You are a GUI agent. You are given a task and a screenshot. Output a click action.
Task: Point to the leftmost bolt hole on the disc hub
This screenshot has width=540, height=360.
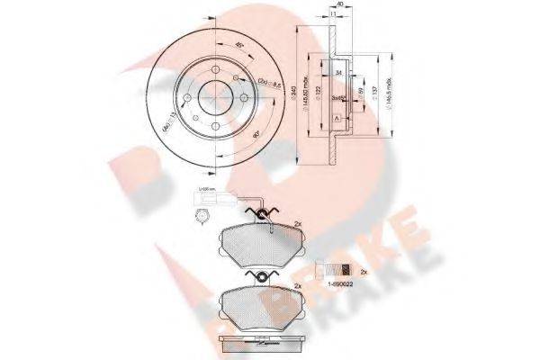click(188, 95)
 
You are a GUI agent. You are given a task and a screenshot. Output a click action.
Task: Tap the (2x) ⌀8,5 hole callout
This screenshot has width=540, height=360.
click(268, 85)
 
